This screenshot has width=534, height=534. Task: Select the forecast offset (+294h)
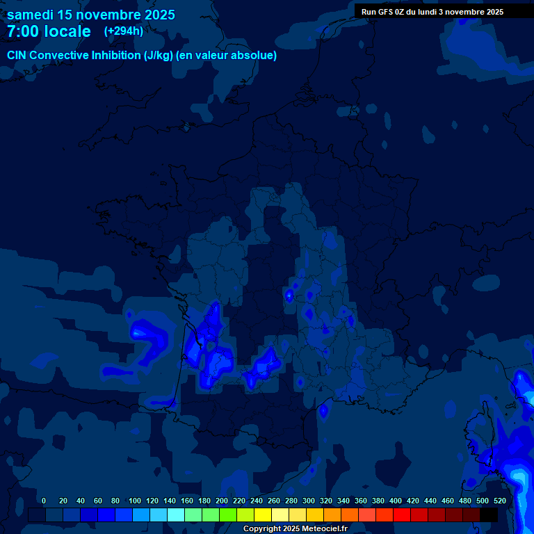pos(124,31)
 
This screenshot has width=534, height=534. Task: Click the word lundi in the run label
pos(433,12)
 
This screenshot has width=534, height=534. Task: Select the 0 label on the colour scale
pos(44,501)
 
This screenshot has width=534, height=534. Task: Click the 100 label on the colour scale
pos(135,501)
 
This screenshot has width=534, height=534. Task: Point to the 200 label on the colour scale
pos(222,501)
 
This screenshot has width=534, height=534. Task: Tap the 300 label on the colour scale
pos(309,501)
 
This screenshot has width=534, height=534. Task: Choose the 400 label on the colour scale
pos(396,501)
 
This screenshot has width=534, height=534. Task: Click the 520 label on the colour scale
pos(500,501)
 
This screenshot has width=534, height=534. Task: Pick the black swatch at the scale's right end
pos(488,515)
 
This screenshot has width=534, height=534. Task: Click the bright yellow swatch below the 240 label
pos(262,515)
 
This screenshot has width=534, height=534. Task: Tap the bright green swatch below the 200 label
pos(227,515)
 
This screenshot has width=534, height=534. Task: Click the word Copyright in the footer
pos(263,529)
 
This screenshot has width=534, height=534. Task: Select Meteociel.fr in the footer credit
pos(324,529)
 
